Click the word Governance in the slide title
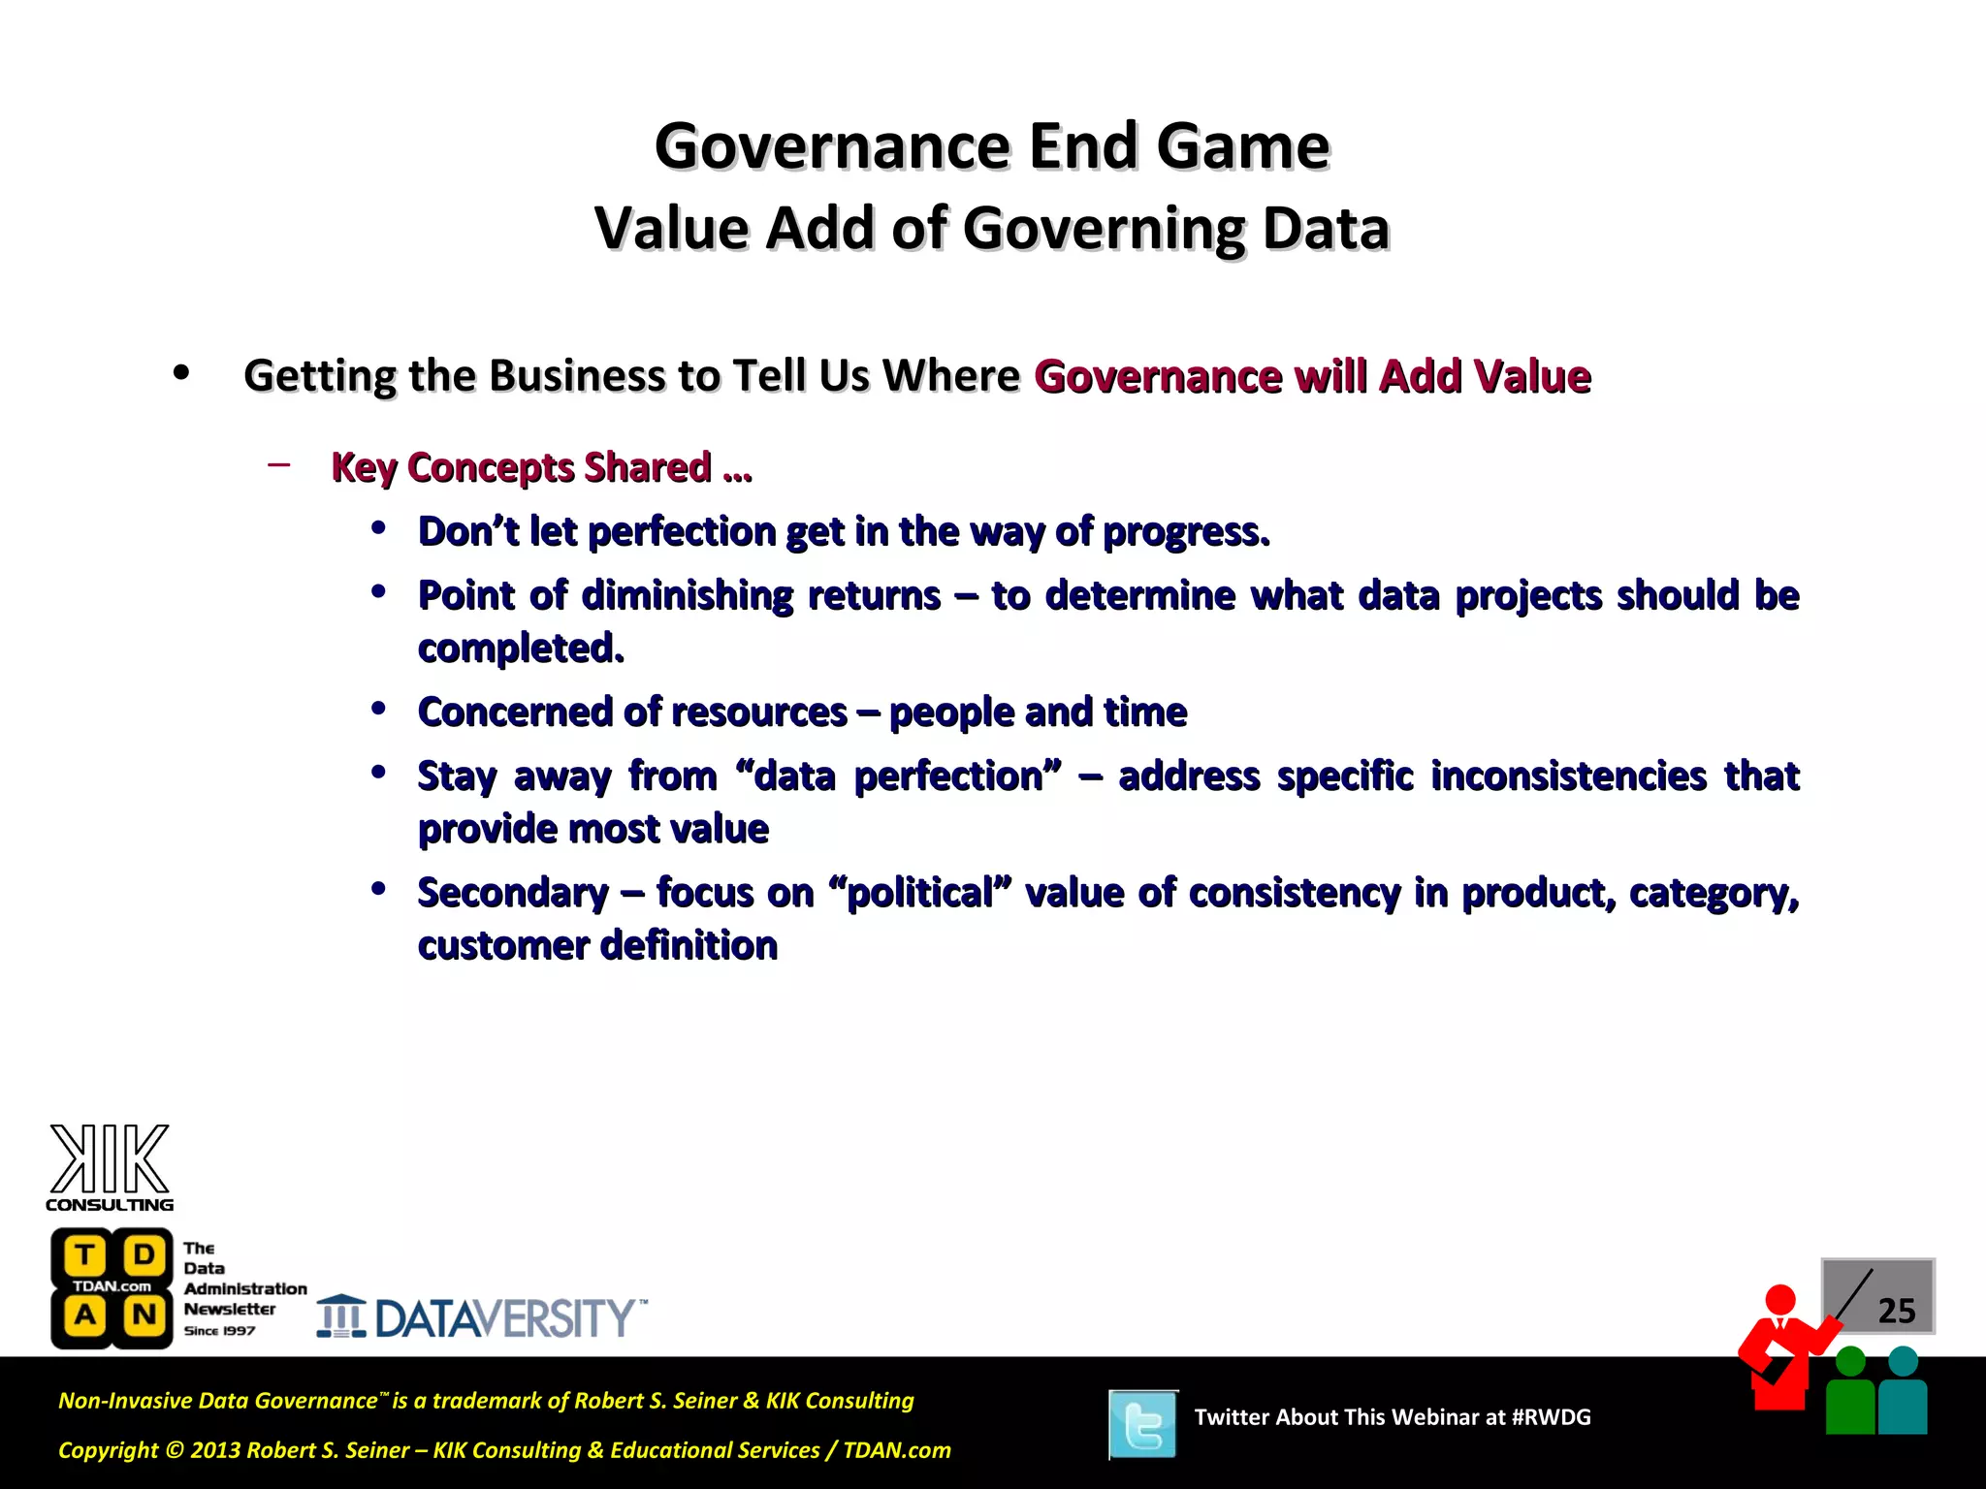832,146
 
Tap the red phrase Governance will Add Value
1312,376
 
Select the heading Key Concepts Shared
540,467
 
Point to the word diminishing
687,595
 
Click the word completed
521,648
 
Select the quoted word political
920,893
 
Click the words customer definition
597,945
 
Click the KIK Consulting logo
110,1167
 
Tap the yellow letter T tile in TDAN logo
85,1254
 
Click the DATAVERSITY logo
482,1317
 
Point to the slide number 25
1896,1311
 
